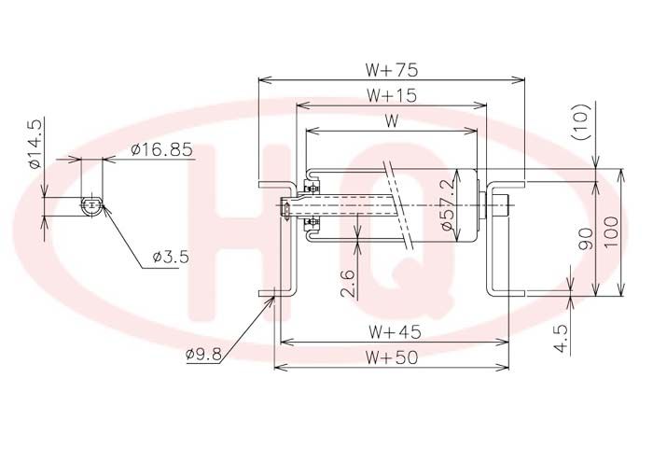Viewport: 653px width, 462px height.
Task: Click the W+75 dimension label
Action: click(x=391, y=70)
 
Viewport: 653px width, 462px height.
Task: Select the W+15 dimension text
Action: click(x=391, y=95)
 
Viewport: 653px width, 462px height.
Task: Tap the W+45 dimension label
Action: click(x=395, y=332)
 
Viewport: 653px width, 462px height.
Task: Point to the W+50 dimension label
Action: click(x=391, y=357)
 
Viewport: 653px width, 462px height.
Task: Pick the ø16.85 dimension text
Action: click(x=161, y=149)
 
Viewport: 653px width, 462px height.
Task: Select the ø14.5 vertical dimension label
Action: click(x=35, y=144)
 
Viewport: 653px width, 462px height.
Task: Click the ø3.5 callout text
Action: click(x=171, y=257)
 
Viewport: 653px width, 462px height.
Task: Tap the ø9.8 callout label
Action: click(x=203, y=354)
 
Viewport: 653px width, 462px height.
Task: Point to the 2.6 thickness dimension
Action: click(x=348, y=284)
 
